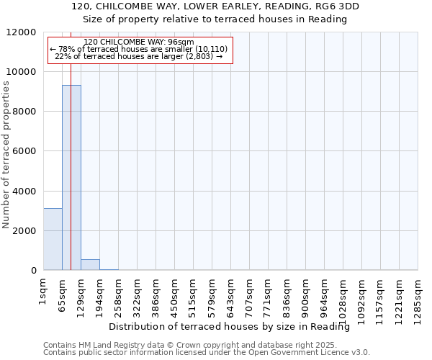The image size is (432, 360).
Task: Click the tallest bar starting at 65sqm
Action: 71,177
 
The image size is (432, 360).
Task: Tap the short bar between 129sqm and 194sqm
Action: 90,264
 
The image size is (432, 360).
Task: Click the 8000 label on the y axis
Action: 26,112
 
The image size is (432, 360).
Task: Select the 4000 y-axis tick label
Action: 26,192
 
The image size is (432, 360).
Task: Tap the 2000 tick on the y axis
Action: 26,231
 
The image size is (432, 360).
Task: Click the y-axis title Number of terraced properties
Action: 6,154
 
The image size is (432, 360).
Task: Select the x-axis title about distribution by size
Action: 234,327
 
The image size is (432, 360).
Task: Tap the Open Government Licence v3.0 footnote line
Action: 207,353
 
